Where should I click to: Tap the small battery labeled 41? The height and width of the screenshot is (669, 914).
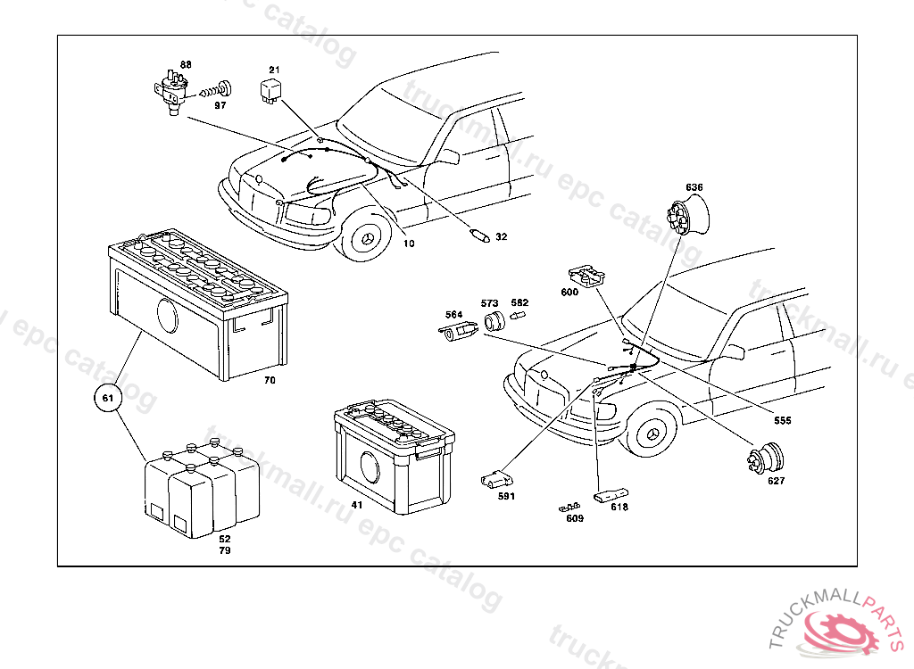click(x=394, y=458)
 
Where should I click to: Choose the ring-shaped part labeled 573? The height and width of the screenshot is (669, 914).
click(x=493, y=322)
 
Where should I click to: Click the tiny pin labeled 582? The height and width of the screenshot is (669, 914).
click(x=519, y=316)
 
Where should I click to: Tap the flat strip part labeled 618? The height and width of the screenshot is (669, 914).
click(x=611, y=492)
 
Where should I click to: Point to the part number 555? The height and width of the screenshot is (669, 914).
click(x=783, y=420)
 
